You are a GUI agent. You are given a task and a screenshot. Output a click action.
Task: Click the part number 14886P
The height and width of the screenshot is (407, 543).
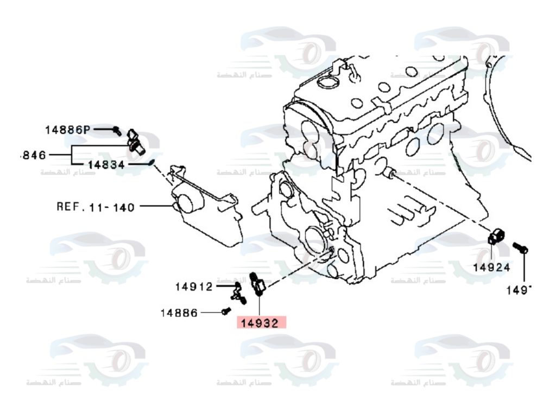pyautogui.click(x=68, y=130)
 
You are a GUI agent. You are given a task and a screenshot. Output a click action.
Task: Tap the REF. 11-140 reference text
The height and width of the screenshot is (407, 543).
pyautogui.click(x=96, y=206)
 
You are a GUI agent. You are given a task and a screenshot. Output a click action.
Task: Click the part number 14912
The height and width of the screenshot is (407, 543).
pyautogui.click(x=194, y=286)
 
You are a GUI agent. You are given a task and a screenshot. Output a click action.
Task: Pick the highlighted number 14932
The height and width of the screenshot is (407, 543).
pyautogui.click(x=260, y=324)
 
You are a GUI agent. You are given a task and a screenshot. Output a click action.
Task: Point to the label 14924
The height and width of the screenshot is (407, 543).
pyautogui.click(x=491, y=267)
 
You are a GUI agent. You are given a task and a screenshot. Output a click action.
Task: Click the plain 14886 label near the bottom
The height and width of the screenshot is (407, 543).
pyautogui.click(x=179, y=313)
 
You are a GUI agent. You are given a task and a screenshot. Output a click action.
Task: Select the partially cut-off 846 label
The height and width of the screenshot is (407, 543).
pyautogui.click(x=33, y=155)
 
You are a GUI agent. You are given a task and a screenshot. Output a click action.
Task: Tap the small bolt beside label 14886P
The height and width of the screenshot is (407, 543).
pyautogui.click(x=117, y=130)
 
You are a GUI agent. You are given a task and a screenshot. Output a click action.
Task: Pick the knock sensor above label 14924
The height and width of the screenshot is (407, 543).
pyautogui.click(x=496, y=237)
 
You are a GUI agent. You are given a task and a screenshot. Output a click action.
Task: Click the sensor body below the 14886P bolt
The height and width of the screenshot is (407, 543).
pyautogui.click(x=135, y=140)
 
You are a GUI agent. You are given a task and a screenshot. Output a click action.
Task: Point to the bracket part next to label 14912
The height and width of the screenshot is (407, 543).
pyautogui.click(x=237, y=293)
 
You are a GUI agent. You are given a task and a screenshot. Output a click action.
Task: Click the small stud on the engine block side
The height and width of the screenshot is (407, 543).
pyautogui.click(x=389, y=174)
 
